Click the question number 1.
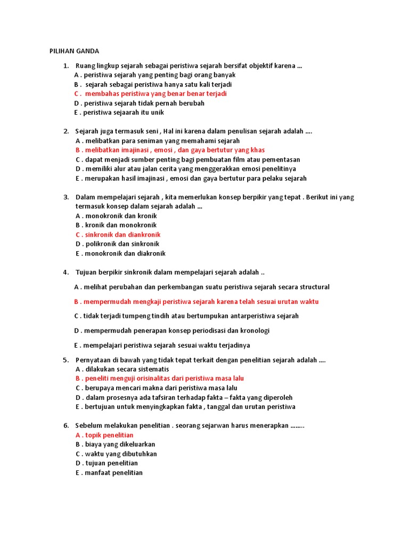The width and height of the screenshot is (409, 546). click(x=66, y=66)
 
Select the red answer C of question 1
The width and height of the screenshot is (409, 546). click(x=151, y=94)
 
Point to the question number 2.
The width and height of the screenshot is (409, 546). click(x=66, y=131)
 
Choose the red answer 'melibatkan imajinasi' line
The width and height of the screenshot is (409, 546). click(x=170, y=150)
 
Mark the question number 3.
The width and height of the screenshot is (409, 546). click(x=66, y=197)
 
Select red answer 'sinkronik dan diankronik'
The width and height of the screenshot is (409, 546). click(x=118, y=235)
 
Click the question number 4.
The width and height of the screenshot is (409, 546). click(x=66, y=272)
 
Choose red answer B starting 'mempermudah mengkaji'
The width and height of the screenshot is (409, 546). click(x=197, y=301)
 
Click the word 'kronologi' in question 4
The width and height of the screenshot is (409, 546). click(x=255, y=331)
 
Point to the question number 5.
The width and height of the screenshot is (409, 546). click(x=66, y=360)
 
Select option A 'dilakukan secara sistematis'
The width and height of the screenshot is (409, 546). click(x=122, y=369)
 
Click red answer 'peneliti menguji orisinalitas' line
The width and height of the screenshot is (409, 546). click(x=160, y=379)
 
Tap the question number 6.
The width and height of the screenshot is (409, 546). click(x=66, y=425)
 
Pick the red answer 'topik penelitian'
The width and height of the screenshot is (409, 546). click(x=104, y=435)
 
